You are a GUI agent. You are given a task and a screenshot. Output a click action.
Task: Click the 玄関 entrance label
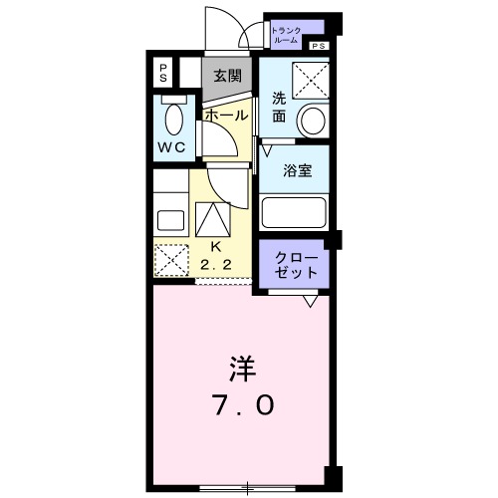(x=227, y=75)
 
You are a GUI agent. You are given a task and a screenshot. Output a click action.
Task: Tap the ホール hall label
(x=226, y=115)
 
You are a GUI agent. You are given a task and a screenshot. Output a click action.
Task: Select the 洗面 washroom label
(x=280, y=107)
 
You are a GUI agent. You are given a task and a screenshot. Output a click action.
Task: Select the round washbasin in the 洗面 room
(x=313, y=121)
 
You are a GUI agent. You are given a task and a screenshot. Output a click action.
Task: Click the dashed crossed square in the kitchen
(x=171, y=261)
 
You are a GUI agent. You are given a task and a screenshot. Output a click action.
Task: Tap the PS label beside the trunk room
(x=318, y=46)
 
